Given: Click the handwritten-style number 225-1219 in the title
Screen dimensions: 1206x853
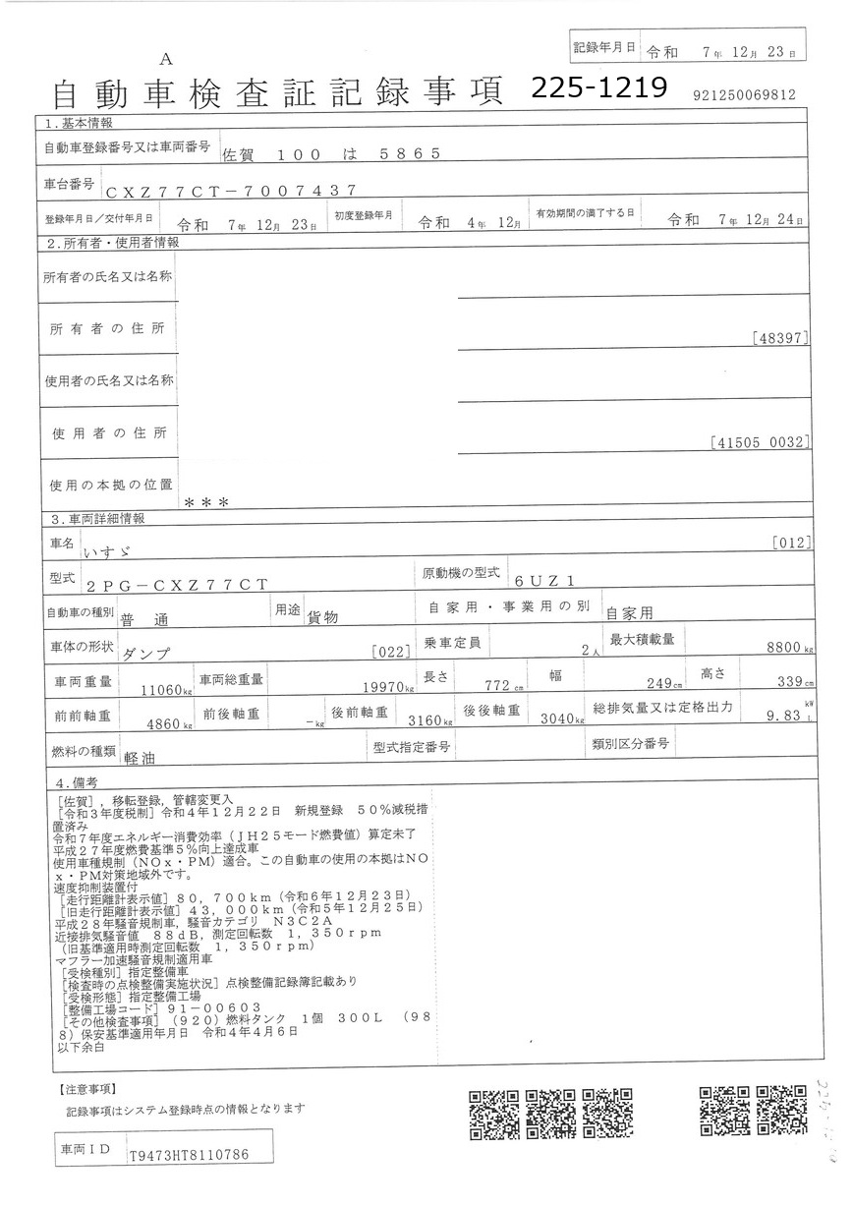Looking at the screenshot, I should pyautogui.click(x=598, y=88).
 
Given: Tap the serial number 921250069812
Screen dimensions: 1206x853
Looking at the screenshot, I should pyautogui.click(x=744, y=95).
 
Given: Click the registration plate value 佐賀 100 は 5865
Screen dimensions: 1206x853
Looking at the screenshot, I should pyautogui.click(x=325, y=154).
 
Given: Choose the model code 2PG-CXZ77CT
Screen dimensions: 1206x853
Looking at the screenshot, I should pyautogui.click(x=176, y=585).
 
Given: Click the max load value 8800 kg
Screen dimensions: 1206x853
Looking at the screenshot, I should pyautogui.click(x=791, y=649).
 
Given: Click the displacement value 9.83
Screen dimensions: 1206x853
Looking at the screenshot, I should pyautogui.click(x=784, y=718).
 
